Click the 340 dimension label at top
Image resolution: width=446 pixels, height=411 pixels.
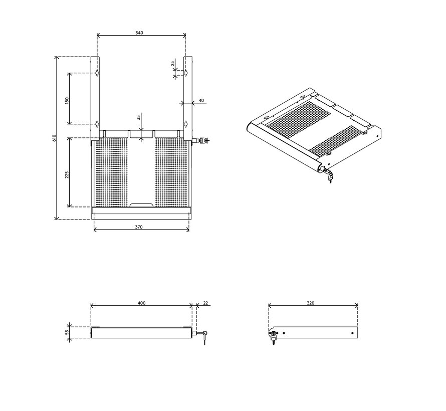click(139, 33)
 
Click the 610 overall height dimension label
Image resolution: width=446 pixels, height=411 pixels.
click(54, 138)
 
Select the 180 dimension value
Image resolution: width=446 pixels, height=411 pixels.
click(67, 100)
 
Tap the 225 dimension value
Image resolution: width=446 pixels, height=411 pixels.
click(67, 174)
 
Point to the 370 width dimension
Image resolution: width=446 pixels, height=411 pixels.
click(139, 227)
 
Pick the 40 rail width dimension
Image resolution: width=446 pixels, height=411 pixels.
click(201, 101)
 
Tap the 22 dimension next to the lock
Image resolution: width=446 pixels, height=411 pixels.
click(205, 303)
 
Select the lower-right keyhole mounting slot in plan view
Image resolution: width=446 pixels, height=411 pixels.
click(185, 124)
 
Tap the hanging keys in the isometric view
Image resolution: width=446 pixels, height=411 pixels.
click(329, 177)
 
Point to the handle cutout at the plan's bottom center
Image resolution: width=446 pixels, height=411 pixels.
click(141, 205)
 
